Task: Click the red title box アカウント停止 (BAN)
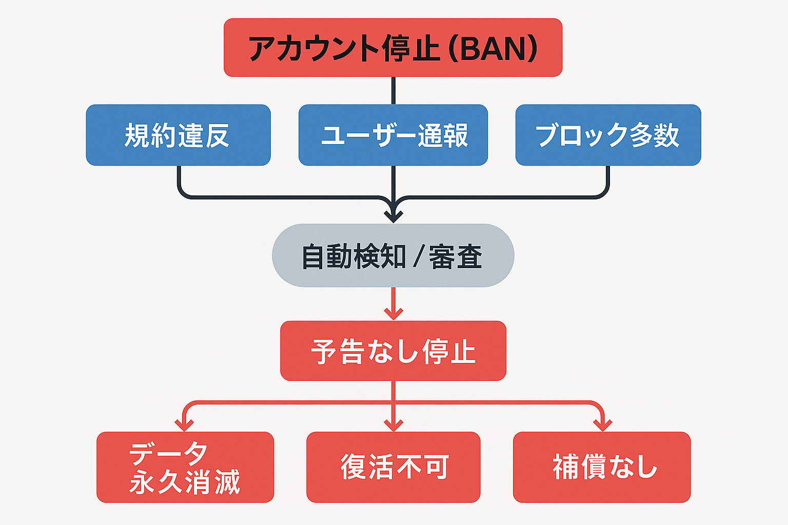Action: [x=393, y=48]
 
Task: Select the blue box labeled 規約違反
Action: [x=178, y=135]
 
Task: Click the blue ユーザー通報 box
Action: [x=393, y=135]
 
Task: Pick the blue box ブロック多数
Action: [x=608, y=135]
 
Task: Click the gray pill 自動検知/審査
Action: [x=393, y=255]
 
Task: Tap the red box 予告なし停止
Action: [x=393, y=351]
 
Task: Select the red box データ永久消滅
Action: [x=185, y=467]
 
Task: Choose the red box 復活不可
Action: [x=393, y=467]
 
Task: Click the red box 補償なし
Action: [x=602, y=467]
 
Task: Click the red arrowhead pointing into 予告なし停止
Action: [x=393, y=313]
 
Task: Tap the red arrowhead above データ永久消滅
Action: [x=184, y=425]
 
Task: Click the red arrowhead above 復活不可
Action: [x=393, y=425]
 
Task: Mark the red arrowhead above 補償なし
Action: [x=602, y=425]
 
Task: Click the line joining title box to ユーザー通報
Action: [x=393, y=91]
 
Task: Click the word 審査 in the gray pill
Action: [x=456, y=256]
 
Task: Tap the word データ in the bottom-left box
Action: [x=168, y=453]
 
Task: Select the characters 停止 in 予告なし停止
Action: [x=449, y=352]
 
